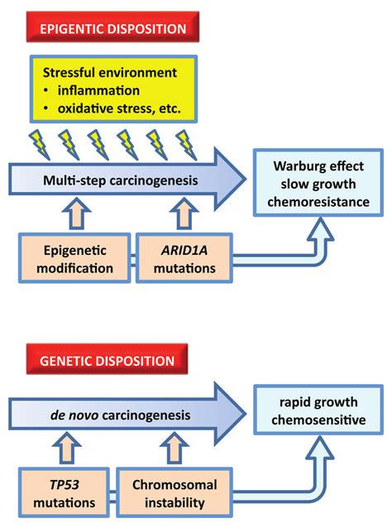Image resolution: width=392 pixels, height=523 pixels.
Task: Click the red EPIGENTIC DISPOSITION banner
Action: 112,27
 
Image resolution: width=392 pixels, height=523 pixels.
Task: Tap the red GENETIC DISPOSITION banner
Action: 107,359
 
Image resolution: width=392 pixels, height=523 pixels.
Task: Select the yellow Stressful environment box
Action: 113,89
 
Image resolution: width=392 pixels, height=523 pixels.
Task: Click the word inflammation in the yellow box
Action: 98,91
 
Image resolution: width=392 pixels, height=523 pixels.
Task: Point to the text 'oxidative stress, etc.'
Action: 119,108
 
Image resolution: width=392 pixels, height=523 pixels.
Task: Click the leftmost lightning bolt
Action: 40,145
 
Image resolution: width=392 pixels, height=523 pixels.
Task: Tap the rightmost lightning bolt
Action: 186,145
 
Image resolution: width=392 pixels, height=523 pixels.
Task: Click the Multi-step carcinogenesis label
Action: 121,180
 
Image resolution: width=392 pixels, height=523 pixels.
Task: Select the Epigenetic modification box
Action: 74,258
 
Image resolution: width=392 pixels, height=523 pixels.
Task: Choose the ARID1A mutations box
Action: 184,258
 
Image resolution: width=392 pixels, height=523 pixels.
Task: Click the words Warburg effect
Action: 318,166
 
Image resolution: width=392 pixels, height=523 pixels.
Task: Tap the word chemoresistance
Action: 318,202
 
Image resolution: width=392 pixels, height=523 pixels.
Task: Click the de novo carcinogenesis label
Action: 121,415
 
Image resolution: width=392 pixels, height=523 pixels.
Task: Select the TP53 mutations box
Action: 64,493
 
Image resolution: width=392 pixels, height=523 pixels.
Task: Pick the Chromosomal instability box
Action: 174,493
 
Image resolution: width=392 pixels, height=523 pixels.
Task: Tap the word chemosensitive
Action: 318,420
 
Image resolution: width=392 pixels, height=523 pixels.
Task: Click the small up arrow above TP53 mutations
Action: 67,448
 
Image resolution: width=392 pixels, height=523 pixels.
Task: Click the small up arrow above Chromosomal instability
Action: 174,448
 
